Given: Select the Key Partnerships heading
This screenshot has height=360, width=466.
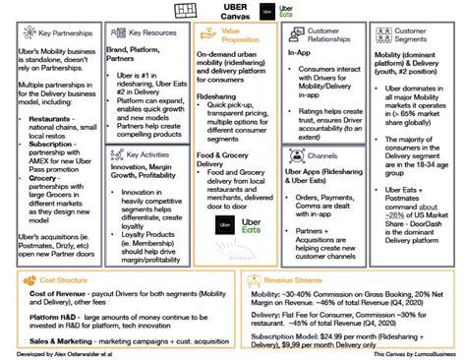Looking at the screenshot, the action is tap(55, 31).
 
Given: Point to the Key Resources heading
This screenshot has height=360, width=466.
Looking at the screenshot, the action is tap(146, 31).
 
